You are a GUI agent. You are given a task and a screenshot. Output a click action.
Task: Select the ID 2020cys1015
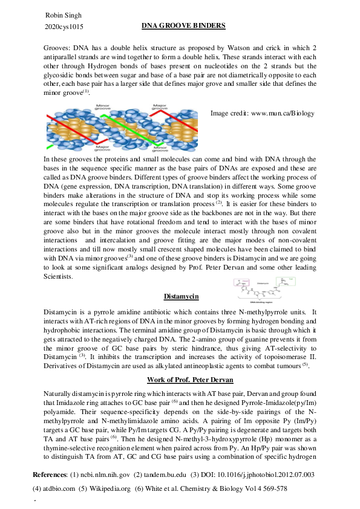tap(64, 27)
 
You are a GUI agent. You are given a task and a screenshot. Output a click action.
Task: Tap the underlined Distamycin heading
tap(183, 297)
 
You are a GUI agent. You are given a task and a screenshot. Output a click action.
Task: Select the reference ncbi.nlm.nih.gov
tap(105, 475)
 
